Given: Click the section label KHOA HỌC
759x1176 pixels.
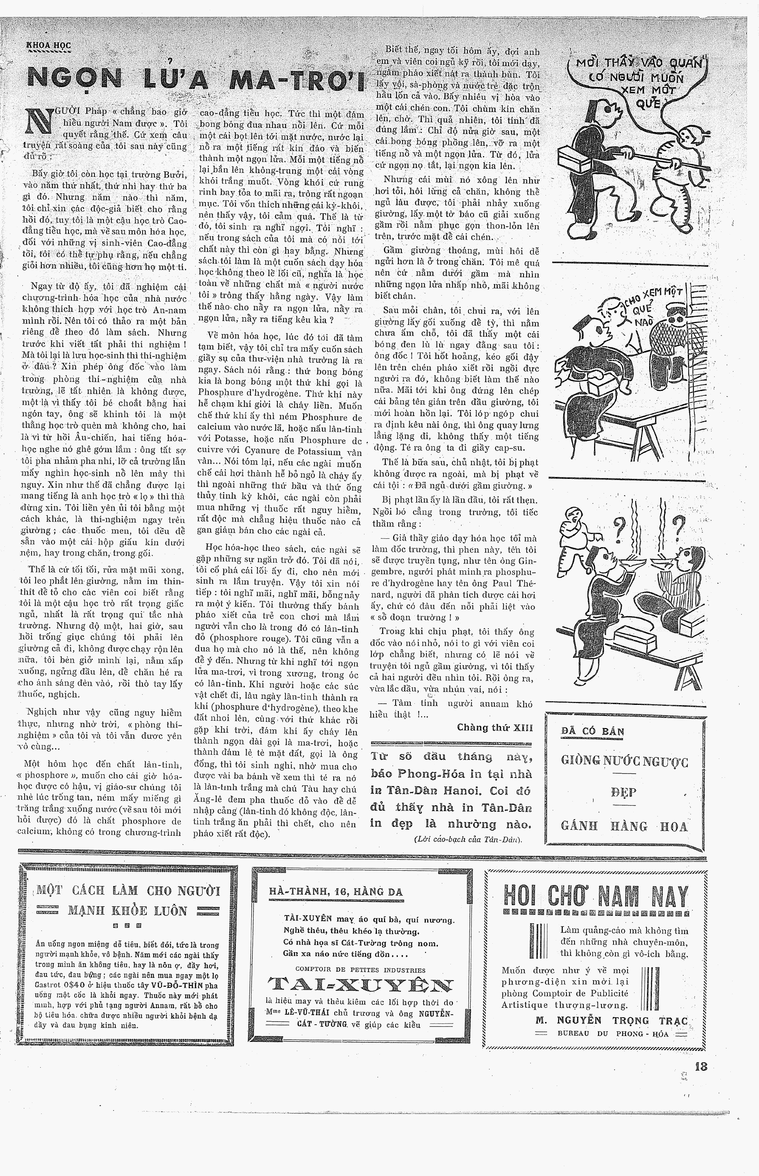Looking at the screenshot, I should (49, 45).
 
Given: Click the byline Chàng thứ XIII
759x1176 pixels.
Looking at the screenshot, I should (494, 728).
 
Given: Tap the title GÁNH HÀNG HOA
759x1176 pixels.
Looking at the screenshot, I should (624, 826).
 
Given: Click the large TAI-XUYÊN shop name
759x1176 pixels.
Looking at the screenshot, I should (360, 985).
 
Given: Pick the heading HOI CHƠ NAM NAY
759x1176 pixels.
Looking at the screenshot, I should (596, 896).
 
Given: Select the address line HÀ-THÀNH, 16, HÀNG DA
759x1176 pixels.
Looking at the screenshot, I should (336, 892).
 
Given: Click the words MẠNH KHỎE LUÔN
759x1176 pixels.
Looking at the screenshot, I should (127, 911).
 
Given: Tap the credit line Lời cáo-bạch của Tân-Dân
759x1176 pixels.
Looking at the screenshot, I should (467, 839).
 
